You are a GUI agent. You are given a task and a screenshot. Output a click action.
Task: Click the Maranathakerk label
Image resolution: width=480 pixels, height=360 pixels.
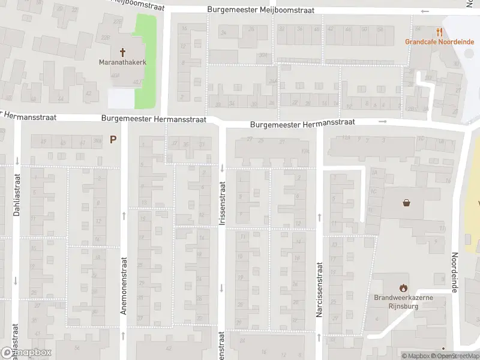123,62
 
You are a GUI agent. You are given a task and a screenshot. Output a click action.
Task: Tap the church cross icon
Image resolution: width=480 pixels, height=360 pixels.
123,52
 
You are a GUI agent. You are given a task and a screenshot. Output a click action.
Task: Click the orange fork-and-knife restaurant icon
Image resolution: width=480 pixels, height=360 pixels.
440,32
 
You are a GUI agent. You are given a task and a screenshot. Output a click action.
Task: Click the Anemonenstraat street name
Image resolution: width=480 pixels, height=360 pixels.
124,286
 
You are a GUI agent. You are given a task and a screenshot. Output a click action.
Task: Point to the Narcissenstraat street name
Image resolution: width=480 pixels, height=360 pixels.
319,289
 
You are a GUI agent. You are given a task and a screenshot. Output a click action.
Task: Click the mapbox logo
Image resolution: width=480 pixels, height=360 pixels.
26,353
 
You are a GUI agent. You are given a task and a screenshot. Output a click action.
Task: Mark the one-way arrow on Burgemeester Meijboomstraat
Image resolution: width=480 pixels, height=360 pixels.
425,11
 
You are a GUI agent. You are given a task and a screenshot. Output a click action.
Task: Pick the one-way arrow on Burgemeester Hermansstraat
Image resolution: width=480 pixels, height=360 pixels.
383,122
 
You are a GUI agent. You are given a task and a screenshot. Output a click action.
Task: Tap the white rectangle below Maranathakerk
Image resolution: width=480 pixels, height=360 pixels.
121,98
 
